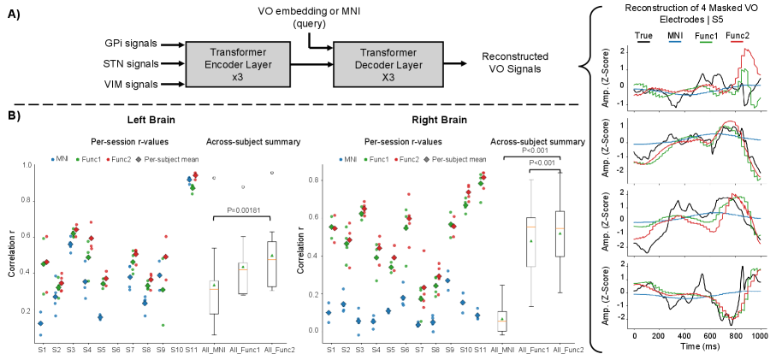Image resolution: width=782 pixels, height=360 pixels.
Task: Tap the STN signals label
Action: point(145,64)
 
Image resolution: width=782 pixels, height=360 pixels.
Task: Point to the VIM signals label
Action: point(145,83)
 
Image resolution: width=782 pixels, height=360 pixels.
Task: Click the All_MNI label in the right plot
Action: point(503,350)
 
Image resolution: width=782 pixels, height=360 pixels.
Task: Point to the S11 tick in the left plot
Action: point(194,350)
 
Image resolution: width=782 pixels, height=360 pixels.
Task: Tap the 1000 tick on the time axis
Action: point(757,337)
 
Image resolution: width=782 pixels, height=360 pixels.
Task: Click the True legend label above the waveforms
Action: point(646,35)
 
